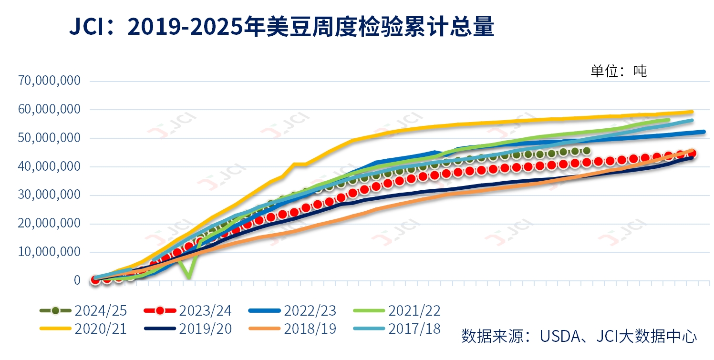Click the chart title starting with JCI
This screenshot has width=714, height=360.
[281, 28]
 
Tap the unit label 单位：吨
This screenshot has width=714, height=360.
[619, 72]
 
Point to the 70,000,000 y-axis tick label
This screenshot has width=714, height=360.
[49, 81]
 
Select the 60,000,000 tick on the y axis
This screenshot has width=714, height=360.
[49, 109]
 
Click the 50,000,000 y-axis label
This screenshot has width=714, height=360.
[49, 138]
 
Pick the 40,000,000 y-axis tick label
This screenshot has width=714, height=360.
[49, 166]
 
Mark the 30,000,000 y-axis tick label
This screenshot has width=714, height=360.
[49, 195]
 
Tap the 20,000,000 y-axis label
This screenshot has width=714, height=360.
[49, 224]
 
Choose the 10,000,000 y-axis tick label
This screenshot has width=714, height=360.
[49, 252]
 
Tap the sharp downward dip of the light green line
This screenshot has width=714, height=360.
[189, 277]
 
